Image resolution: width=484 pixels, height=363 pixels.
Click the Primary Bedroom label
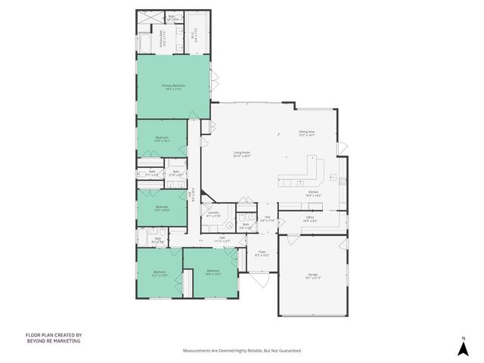[x=172, y=88]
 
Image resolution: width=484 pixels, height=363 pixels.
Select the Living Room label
[x=241, y=154]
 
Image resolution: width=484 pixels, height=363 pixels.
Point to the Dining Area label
[x=306, y=133]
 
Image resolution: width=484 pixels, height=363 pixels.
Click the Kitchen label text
[x=313, y=194]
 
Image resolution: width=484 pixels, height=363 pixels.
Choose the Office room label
[x=310, y=219]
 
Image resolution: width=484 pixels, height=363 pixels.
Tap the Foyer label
[x=262, y=253]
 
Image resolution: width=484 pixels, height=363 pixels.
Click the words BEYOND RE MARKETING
[x=53, y=341]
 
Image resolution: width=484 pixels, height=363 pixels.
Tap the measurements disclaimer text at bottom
[x=242, y=351]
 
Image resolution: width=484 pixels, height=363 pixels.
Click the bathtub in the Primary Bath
[x=144, y=42]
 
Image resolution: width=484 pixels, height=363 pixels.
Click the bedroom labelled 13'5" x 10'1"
[x=161, y=139]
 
